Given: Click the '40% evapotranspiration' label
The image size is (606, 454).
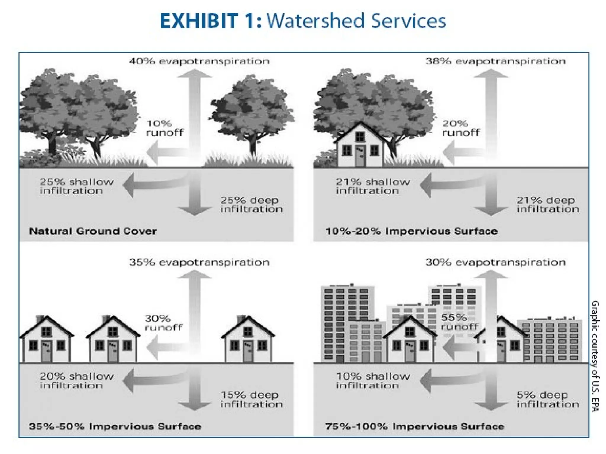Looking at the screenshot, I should [x=199, y=61].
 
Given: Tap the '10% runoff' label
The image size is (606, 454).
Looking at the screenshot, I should [x=165, y=128].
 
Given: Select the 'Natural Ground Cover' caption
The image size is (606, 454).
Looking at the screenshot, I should [x=93, y=231].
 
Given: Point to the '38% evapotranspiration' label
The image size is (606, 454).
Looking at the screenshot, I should [x=495, y=61].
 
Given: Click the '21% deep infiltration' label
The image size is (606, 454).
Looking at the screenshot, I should [x=547, y=205].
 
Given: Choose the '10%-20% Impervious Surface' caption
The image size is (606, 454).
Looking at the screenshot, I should [x=411, y=231].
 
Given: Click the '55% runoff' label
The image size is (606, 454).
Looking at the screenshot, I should [x=459, y=322].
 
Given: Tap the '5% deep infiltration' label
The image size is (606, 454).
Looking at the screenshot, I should [x=547, y=399].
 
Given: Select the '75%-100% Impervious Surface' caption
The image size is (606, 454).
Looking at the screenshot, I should [x=415, y=426].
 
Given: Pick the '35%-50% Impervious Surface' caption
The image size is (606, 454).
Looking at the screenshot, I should [x=115, y=426].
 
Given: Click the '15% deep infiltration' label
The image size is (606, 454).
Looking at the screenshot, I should [x=251, y=399].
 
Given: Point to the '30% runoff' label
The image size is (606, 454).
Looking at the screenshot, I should [x=163, y=323].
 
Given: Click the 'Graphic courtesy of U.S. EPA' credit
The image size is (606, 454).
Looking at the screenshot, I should [x=595, y=356].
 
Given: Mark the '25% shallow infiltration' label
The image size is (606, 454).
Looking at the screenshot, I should [x=77, y=186].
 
